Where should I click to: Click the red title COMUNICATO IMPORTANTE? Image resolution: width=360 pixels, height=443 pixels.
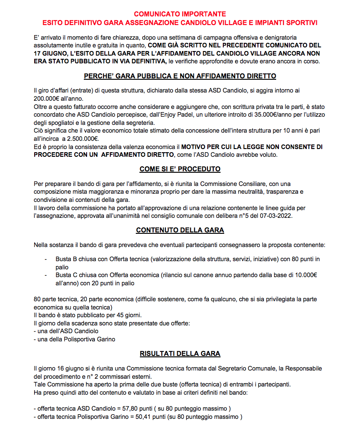click(x=180, y=14)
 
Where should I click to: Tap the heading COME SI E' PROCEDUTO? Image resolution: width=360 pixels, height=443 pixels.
click(x=180, y=169)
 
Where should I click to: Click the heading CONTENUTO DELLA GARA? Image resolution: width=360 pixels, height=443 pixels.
click(x=180, y=230)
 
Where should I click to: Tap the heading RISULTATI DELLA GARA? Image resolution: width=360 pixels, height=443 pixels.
click(x=180, y=353)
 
